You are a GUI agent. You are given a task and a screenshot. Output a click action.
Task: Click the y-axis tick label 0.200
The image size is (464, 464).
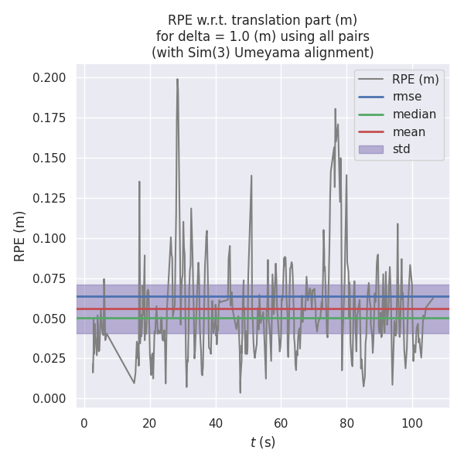pyautogui.click(x=49, y=78)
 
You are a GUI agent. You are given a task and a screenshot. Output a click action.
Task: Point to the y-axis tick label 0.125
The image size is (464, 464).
pyautogui.click(x=49, y=199)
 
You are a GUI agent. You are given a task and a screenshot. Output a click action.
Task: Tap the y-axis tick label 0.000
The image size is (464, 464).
pyautogui.click(x=49, y=399)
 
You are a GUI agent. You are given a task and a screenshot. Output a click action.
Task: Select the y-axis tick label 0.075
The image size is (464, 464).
pyautogui.click(x=49, y=279)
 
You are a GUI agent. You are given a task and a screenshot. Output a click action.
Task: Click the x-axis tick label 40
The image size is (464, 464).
pyautogui.click(x=215, y=423)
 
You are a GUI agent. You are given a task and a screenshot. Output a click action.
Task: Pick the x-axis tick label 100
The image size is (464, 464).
pyautogui.click(x=411, y=423)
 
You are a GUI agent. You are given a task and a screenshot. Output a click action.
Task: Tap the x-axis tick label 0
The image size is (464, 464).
pyautogui.click(x=84, y=423)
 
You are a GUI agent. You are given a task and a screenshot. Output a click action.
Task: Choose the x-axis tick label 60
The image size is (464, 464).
pyautogui.click(x=281, y=423)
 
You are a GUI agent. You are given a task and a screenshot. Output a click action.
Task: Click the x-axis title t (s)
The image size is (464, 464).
pyautogui.click(x=263, y=442)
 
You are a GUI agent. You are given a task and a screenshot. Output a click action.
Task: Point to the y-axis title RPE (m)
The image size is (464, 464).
pyautogui.click(x=21, y=236)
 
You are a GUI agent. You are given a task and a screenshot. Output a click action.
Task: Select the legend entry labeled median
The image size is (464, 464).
pyautogui.click(x=414, y=114)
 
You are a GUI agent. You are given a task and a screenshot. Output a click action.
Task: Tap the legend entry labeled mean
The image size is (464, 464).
pyautogui.click(x=408, y=132)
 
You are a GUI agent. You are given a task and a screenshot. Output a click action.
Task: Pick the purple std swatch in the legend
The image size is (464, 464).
pyautogui.click(x=371, y=149)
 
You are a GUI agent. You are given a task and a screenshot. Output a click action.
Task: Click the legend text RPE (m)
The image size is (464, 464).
pyautogui.click(x=415, y=79)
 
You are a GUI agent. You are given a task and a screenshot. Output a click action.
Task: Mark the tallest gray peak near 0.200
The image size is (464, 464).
pyautogui.click(x=177, y=79)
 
